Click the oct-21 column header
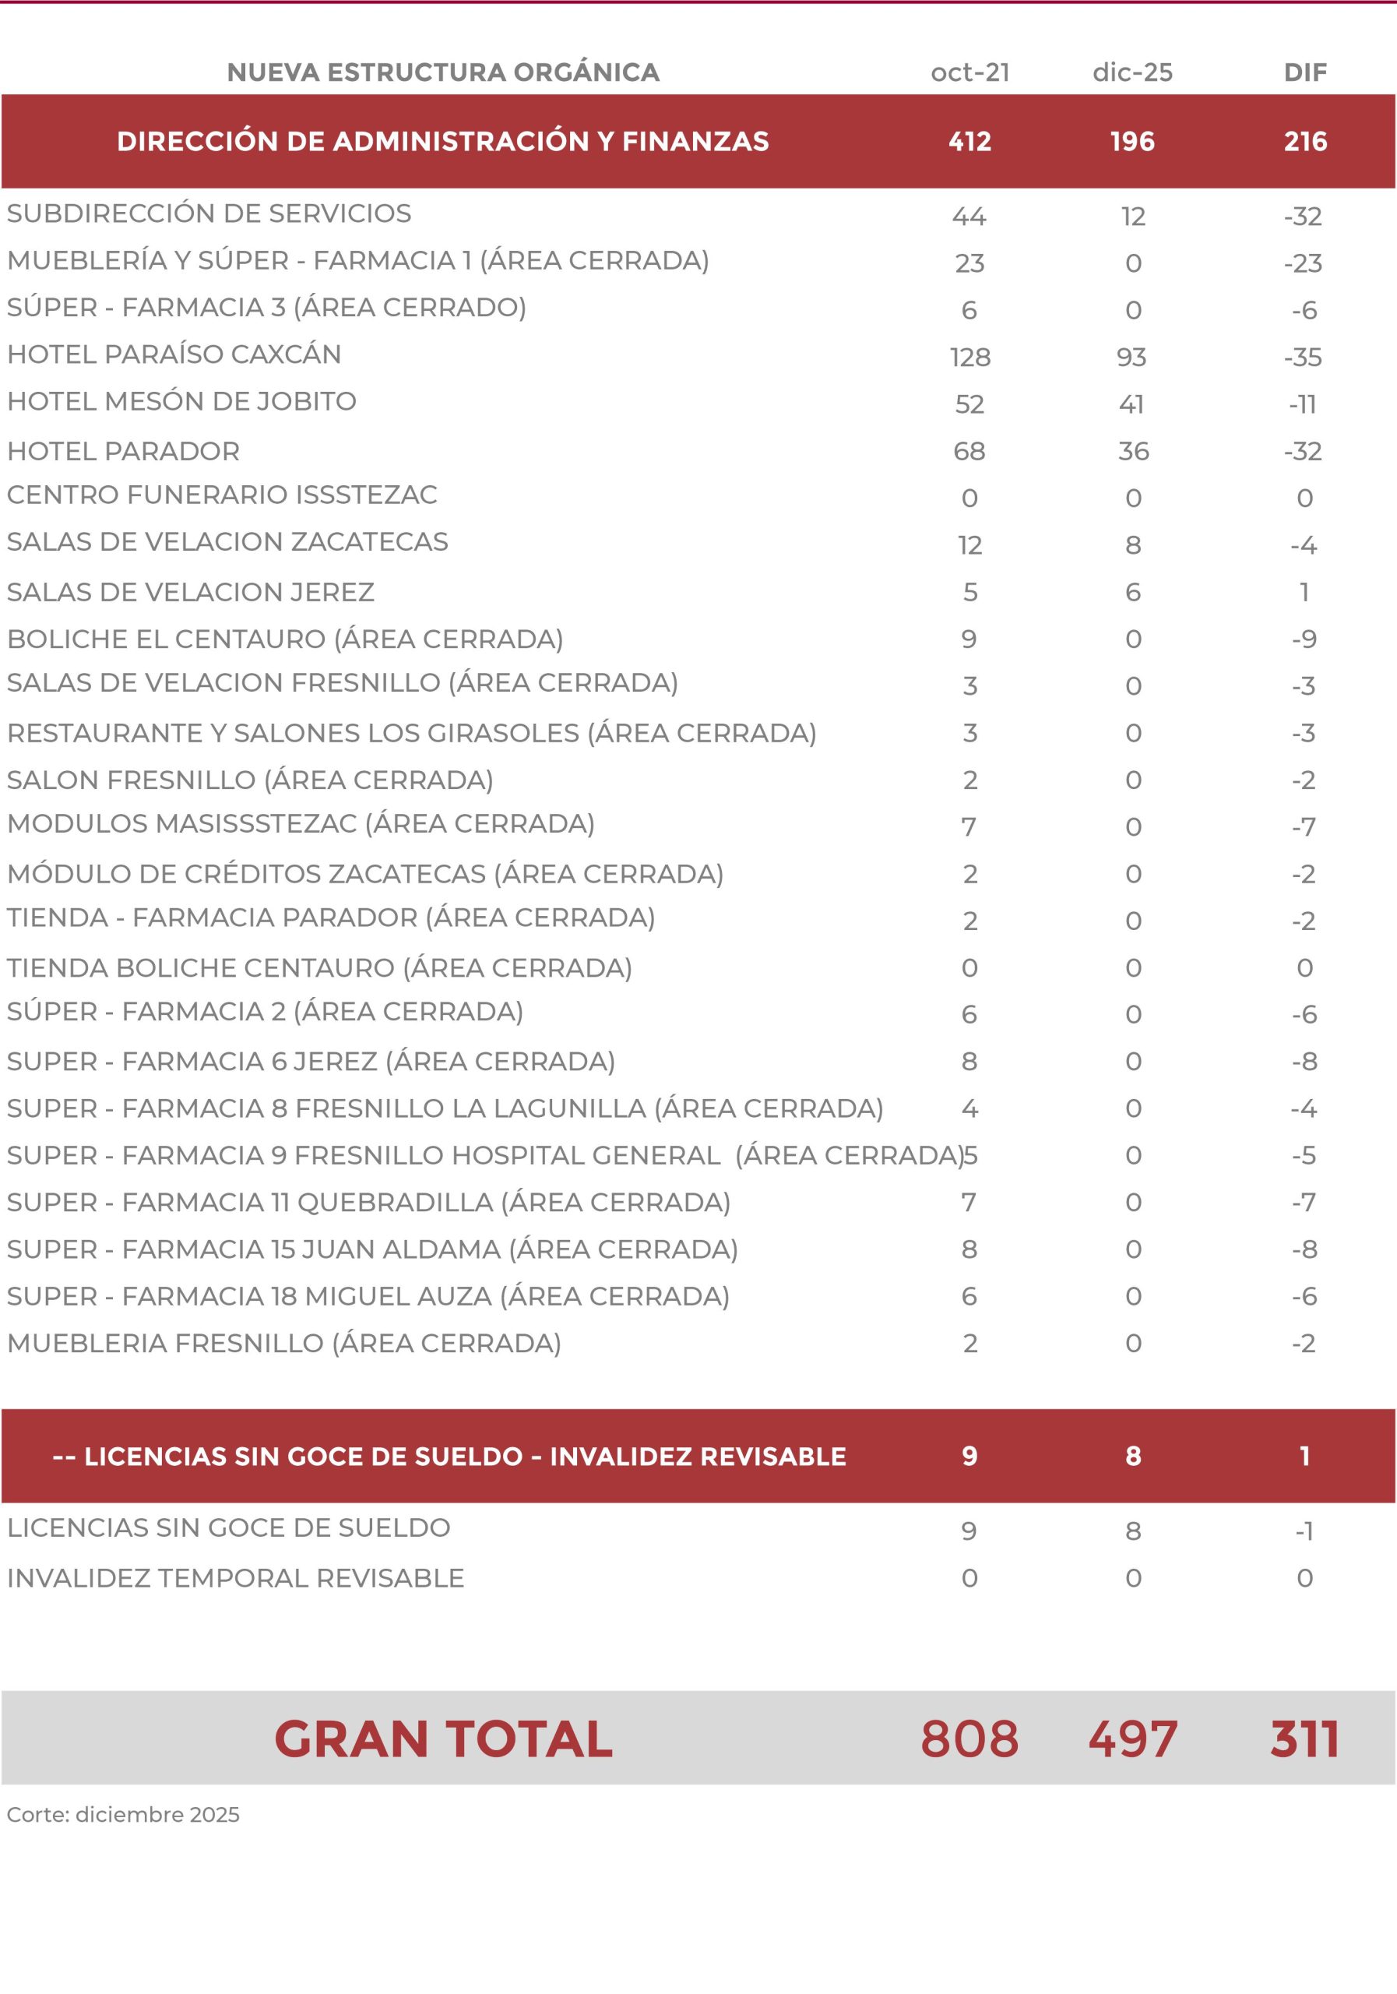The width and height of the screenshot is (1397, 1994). [x=969, y=72]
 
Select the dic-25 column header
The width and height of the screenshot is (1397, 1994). [x=1132, y=72]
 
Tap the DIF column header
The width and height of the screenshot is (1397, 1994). [x=1305, y=72]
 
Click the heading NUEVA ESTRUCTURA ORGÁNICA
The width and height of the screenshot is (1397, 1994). [x=443, y=72]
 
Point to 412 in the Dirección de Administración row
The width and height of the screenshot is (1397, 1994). [x=969, y=142]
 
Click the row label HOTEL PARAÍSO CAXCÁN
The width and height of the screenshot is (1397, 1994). [x=174, y=354]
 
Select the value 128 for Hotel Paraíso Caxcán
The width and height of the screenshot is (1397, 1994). [x=969, y=357]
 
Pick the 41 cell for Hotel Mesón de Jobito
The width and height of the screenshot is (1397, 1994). [x=1131, y=403]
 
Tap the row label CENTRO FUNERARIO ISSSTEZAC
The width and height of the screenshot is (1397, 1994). [x=221, y=495]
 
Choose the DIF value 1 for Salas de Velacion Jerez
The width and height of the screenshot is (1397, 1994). [x=1304, y=592]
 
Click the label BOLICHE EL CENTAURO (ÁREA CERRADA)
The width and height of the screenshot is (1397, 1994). [x=285, y=639]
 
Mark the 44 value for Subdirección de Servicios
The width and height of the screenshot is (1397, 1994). [x=969, y=217]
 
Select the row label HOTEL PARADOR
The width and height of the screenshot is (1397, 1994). [x=123, y=452]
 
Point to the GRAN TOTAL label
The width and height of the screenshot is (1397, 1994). [x=443, y=1739]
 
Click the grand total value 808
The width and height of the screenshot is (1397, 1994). [x=969, y=1739]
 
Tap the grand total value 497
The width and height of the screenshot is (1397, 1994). [x=1132, y=1739]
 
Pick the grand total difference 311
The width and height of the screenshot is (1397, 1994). [x=1304, y=1739]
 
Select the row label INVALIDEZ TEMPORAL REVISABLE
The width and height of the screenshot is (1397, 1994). [x=235, y=1578]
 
